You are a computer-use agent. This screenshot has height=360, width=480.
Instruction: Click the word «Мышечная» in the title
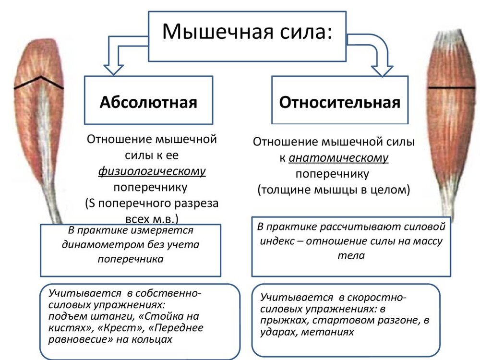217,31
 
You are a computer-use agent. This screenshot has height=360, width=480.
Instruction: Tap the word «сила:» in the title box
306,31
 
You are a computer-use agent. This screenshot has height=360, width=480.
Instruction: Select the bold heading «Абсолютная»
148,102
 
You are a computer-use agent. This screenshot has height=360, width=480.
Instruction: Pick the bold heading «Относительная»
340,102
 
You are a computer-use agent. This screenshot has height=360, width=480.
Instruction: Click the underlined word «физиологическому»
152,171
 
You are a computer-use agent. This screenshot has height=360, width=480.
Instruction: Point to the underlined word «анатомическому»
338,158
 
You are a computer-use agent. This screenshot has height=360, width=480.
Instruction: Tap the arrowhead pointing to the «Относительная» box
382,71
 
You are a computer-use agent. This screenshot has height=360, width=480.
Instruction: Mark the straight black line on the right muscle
452,88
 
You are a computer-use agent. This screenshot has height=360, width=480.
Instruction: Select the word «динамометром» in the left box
103,245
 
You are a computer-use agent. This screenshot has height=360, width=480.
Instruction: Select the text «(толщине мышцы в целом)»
334,190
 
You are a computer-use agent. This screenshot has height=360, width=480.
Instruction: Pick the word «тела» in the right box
351,255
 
